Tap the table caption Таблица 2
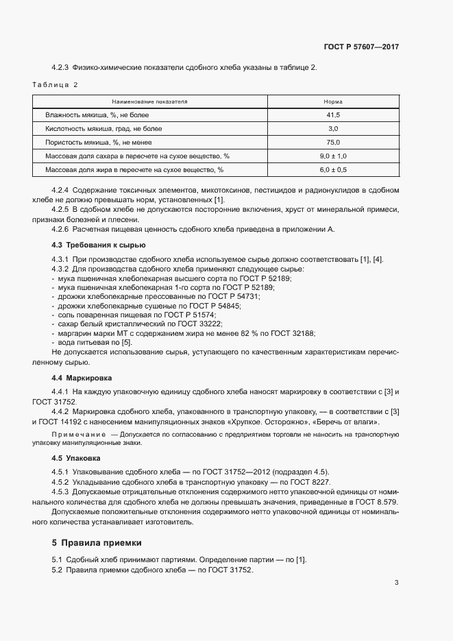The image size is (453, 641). pos(56,85)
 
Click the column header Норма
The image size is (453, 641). pos(333,101)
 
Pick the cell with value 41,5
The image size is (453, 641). pos(333,115)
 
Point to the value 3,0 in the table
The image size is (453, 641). pos(333,129)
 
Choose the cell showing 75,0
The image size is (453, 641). pos(333,142)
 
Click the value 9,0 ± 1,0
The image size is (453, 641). pos(333,156)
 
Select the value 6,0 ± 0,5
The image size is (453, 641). pos(333,169)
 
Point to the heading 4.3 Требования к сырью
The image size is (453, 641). pos(98,245)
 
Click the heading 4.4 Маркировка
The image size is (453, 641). pos(82,378)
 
